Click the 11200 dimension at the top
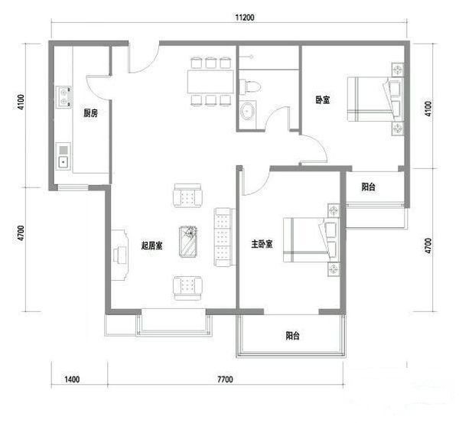[x=245, y=18]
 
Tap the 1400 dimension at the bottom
[x=72, y=379]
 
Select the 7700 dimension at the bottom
[x=225, y=379]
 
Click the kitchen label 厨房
[x=90, y=113]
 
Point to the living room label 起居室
[x=152, y=246]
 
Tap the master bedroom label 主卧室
[x=262, y=244]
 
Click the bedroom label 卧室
[x=323, y=100]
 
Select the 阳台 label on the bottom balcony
[x=292, y=336]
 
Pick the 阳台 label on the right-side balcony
[x=368, y=187]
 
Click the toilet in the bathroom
[x=249, y=86]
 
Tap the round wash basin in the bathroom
[x=248, y=111]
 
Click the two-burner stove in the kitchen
[x=63, y=97]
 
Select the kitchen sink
[x=63, y=156]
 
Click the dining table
[x=211, y=81]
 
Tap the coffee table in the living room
[x=188, y=242]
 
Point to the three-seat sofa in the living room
[x=224, y=237]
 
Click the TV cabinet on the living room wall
[x=120, y=255]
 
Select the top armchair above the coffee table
[x=187, y=196]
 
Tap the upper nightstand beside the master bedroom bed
[x=334, y=210]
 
